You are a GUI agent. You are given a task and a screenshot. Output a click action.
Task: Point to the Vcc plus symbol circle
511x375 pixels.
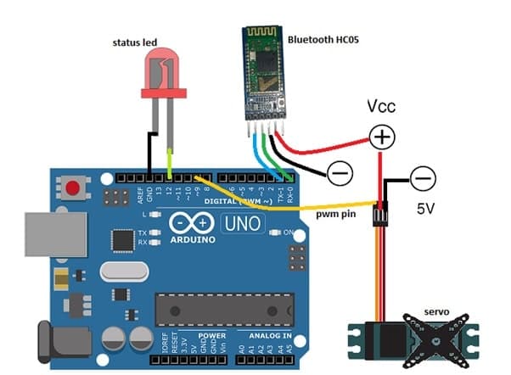tap(381, 136)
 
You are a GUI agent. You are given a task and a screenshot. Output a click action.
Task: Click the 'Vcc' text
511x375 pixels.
tap(381, 108)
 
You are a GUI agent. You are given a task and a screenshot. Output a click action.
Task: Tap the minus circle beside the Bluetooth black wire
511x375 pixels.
tap(339, 173)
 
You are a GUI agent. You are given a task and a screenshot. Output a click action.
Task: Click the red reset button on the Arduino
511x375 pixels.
tap(74, 187)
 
